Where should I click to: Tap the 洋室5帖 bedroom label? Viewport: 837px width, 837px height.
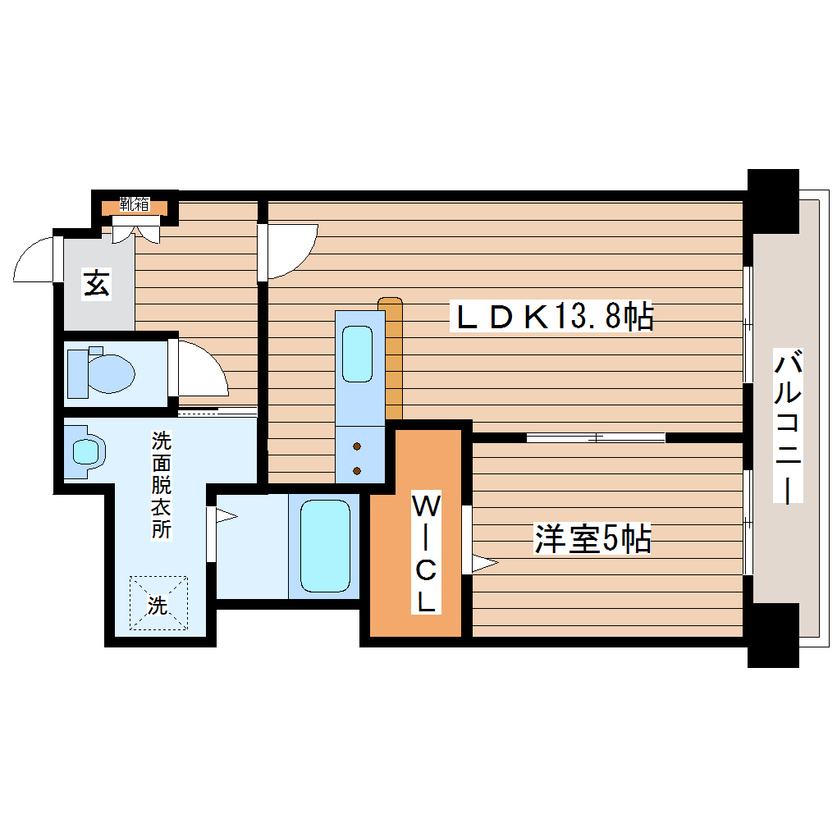pyautogui.click(x=592, y=539)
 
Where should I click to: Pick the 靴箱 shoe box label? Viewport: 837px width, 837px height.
pyautogui.click(x=134, y=204)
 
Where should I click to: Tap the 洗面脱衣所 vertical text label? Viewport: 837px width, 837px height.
pyautogui.click(x=161, y=484)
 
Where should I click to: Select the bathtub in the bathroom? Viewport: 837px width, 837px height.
pyautogui.click(x=325, y=545)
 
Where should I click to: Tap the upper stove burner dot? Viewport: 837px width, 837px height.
pyautogui.click(x=357, y=447)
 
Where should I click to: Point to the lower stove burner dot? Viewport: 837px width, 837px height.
pyautogui.click(x=357, y=470)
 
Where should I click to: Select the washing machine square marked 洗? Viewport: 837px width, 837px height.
pyautogui.click(x=158, y=604)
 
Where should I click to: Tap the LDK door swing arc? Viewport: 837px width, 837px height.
pyautogui.click(x=291, y=250)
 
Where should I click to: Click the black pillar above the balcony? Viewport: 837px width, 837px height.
pyautogui.click(x=772, y=201)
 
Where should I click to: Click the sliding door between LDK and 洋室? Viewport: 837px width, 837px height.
pyautogui.click(x=596, y=437)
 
